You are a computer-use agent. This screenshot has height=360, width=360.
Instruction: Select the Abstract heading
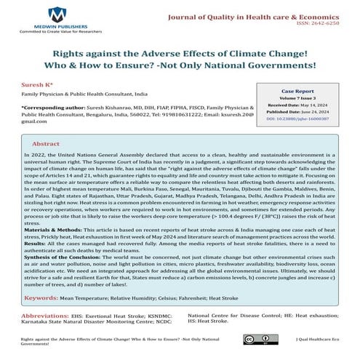46,145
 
